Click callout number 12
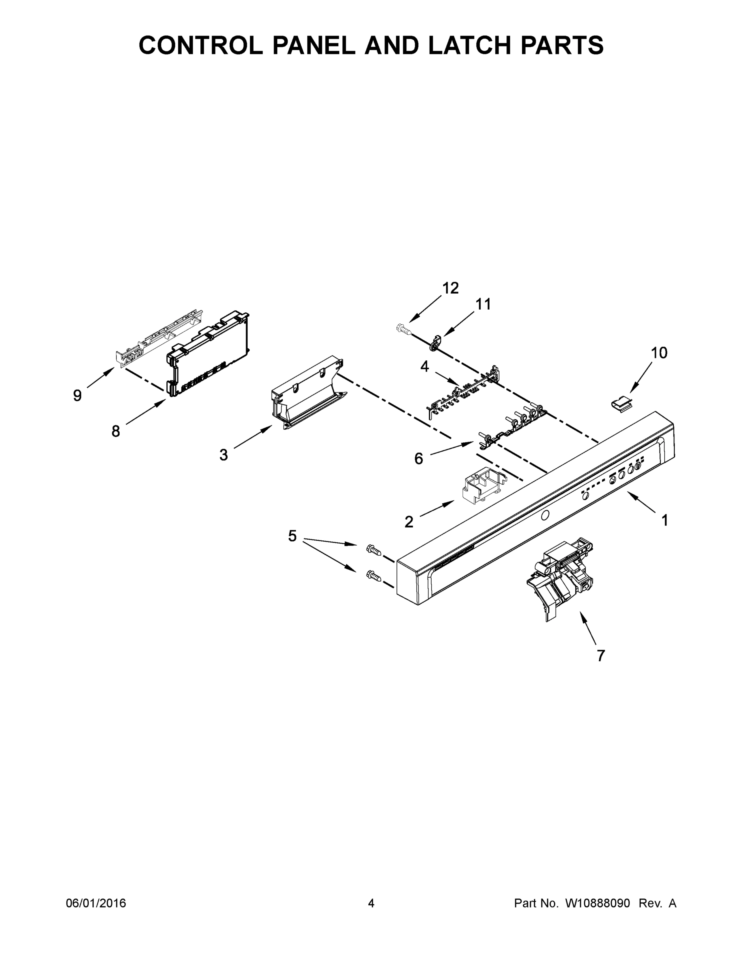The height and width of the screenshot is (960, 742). [x=450, y=288]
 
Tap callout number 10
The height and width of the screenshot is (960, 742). [x=658, y=352]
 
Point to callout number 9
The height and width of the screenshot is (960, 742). [x=77, y=396]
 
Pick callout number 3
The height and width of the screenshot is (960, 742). [x=224, y=455]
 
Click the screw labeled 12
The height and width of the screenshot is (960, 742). [x=403, y=329]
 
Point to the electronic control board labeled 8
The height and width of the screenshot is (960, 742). [x=209, y=354]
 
